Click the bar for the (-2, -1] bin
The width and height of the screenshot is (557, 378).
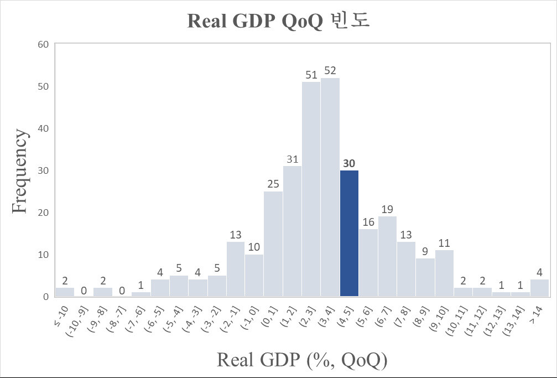235,269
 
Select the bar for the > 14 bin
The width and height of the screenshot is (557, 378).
539,288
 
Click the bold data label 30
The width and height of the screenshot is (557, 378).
349,163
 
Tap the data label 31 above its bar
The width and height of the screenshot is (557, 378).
292,159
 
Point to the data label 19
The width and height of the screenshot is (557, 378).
387,209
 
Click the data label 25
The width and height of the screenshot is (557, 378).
273,184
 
